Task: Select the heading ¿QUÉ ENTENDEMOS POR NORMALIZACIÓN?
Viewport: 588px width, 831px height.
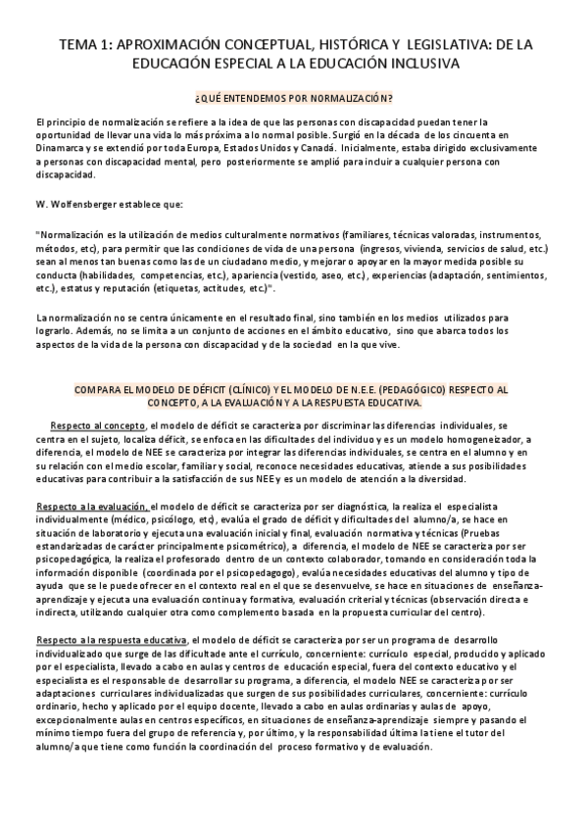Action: (x=294, y=99)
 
